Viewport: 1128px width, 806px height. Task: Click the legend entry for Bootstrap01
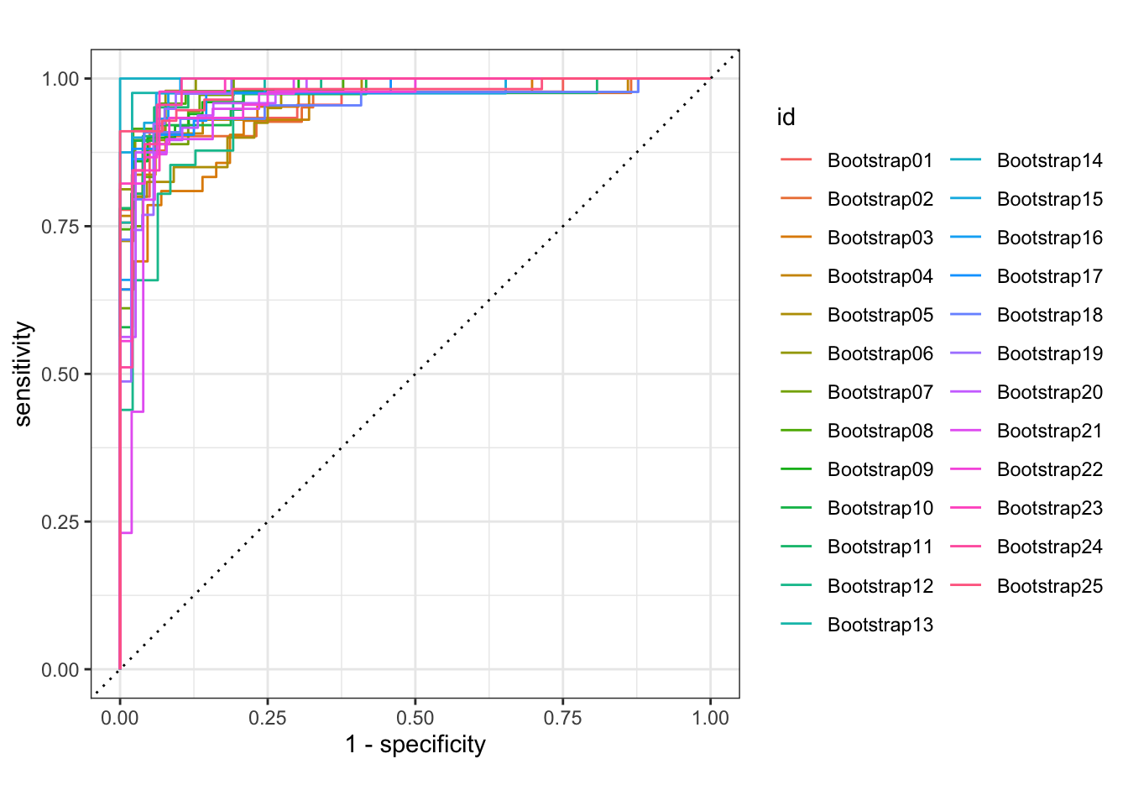point(880,160)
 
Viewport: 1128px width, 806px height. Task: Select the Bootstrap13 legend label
point(880,625)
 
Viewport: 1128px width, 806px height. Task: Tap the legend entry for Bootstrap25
point(1049,586)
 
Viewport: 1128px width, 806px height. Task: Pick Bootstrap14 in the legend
point(1049,160)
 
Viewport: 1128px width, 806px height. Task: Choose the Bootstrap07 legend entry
point(880,392)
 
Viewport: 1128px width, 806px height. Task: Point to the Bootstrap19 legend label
point(1049,353)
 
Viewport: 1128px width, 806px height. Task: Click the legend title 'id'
point(786,118)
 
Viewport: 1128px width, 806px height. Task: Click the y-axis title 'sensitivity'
point(23,374)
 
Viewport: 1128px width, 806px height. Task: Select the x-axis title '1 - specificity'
point(415,745)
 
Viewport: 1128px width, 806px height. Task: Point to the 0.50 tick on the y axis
point(60,374)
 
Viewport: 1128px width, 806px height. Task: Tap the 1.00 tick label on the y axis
point(60,79)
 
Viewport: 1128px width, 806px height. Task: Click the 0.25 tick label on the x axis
point(268,718)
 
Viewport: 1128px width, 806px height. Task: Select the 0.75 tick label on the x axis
point(562,718)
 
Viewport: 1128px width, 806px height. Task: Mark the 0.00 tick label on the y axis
point(60,670)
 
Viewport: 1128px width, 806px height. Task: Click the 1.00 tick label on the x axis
point(710,718)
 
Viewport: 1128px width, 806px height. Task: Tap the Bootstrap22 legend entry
point(1049,469)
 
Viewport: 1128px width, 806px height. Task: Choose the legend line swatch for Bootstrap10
point(796,508)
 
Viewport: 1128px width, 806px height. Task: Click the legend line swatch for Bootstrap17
point(966,276)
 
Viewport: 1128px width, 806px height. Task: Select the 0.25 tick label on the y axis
point(60,522)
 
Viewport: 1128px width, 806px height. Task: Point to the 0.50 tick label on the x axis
point(415,718)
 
